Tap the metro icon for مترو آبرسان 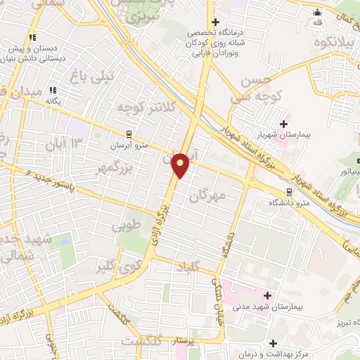pyautogui.click(x=128, y=134)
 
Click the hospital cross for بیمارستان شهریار pyautogui.click(x=283, y=124)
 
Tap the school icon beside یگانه pyautogui.click(x=53, y=90)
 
